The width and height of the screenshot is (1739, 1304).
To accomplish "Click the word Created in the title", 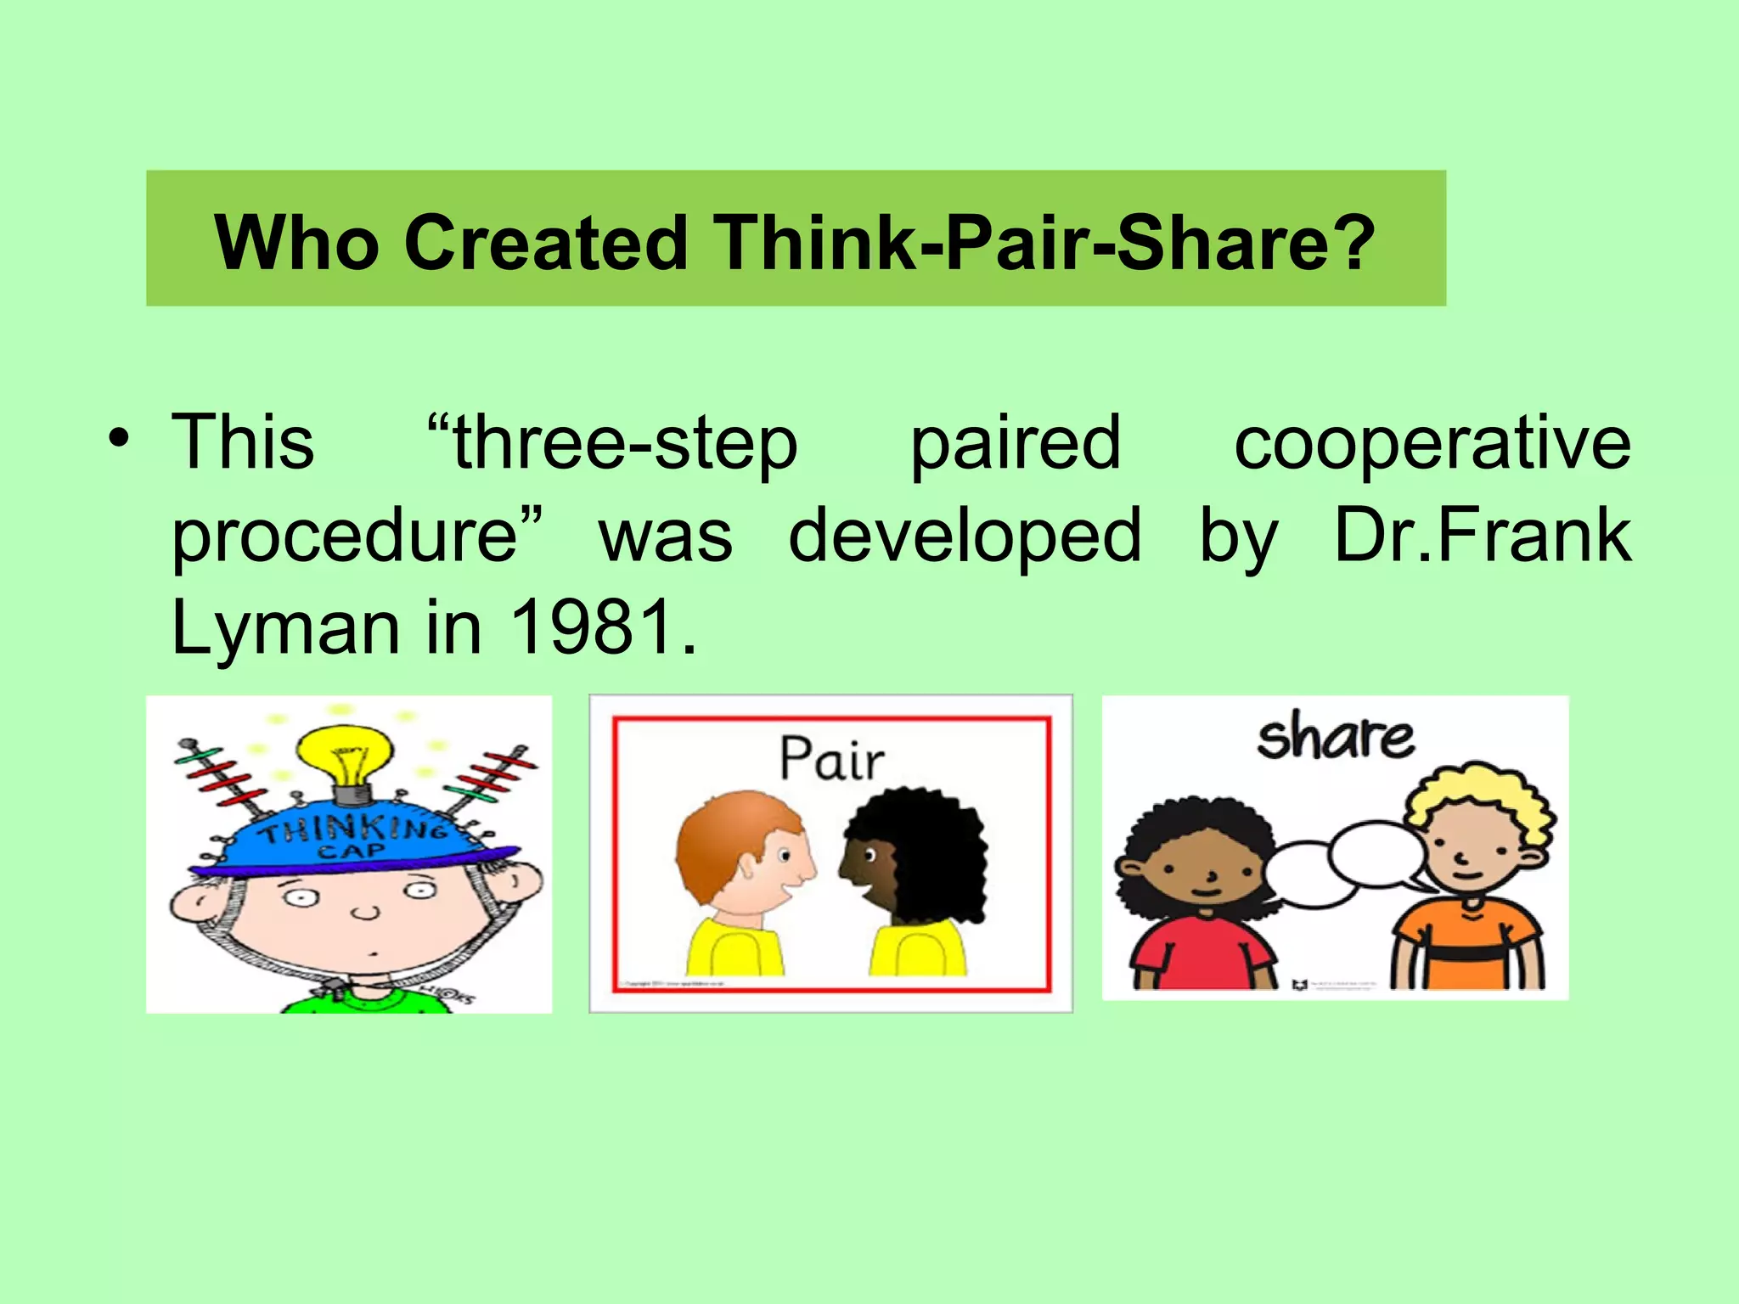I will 545,243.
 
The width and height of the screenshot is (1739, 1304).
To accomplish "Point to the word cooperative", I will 1432,443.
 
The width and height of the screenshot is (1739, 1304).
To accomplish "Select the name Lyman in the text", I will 285,630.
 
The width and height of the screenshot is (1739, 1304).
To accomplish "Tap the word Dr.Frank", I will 1483,535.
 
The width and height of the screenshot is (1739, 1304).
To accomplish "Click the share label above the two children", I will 1335,736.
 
